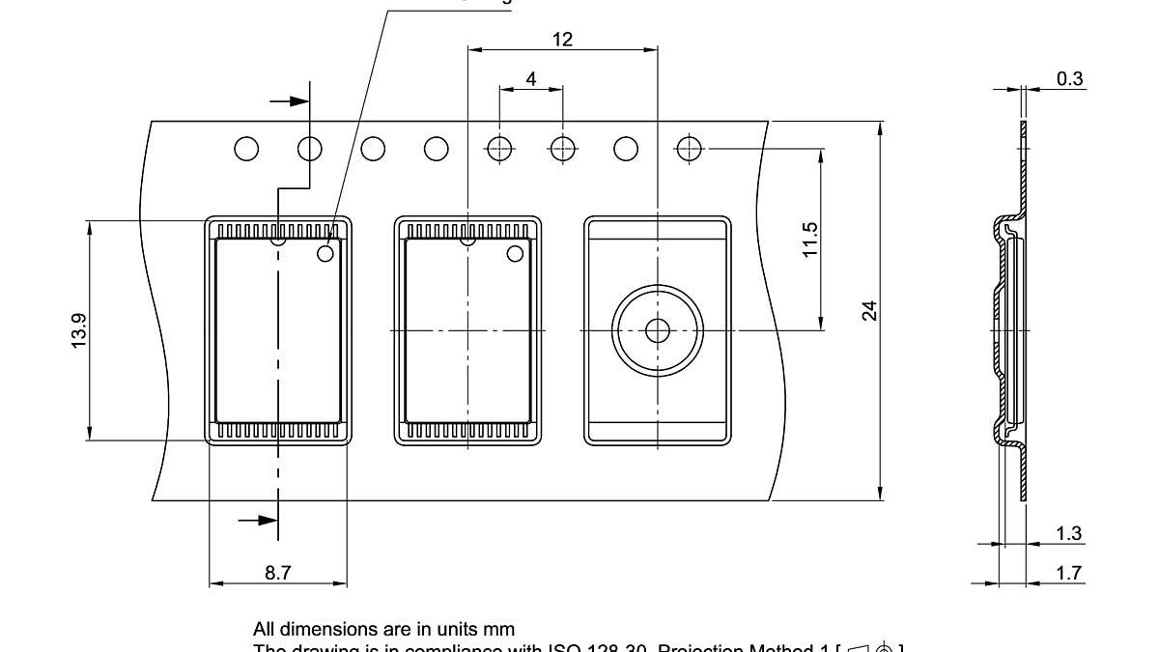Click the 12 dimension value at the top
[x=562, y=40]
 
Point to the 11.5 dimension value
[x=811, y=239]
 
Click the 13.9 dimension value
[x=79, y=330]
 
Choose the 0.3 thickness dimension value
[x=1069, y=79]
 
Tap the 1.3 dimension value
[x=1069, y=533]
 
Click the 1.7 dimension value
[x=1069, y=574]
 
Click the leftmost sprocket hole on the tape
[x=246, y=149]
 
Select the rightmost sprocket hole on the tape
[x=689, y=149]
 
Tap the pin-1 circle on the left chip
[x=325, y=253]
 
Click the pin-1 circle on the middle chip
[x=515, y=253]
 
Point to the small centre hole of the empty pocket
[x=658, y=330]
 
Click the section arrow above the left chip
[x=290, y=100]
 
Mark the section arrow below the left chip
[x=258, y=521]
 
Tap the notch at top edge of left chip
[x=278, y=240]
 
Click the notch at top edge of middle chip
[x=467, y=240]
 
